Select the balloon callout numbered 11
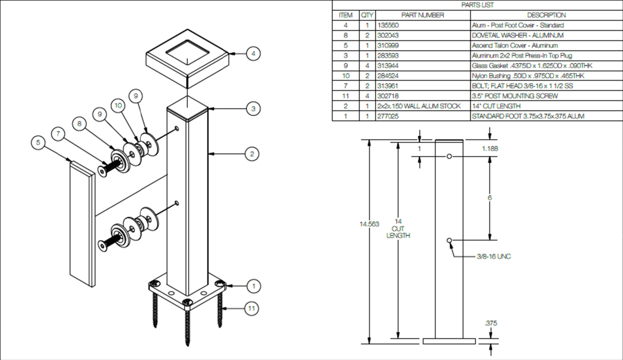(251, 308)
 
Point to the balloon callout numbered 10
(118, 105)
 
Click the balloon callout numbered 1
(253, 286)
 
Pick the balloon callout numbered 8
(79, 124)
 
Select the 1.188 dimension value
(490, 149)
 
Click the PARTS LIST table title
(477, 5)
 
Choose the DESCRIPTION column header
(546, 15)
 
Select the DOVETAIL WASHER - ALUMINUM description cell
(518, 35)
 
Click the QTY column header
(367, 15)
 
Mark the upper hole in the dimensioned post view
(449, 156)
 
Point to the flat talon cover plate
(82, 224)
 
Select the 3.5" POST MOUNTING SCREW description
(514, 96)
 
